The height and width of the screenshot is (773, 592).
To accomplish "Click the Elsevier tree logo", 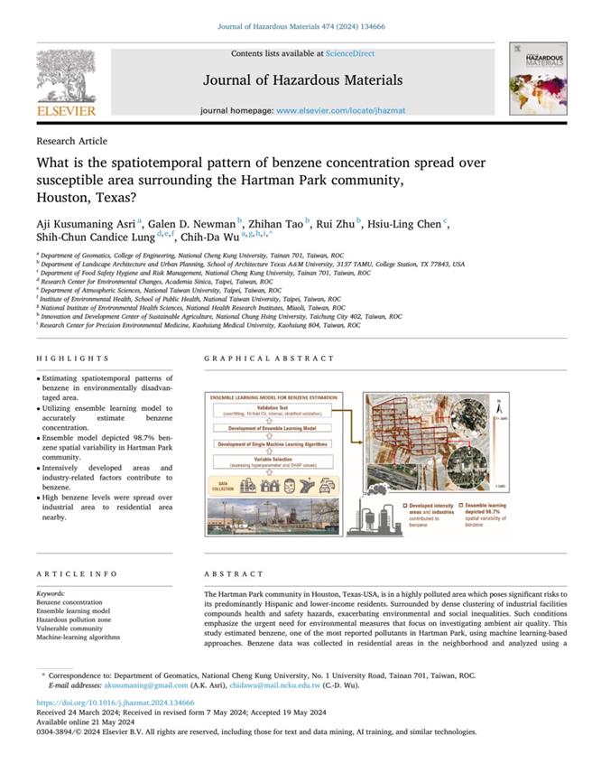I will pos(66,76).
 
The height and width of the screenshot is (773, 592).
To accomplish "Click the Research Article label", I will pos(71,141).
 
